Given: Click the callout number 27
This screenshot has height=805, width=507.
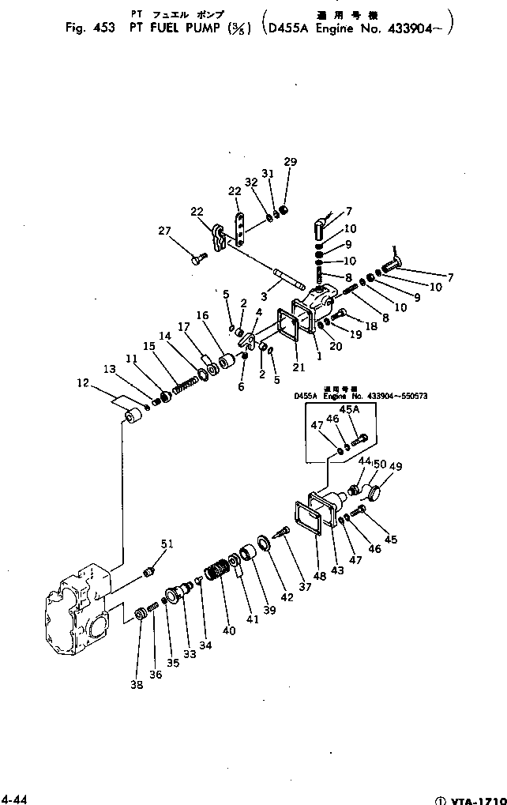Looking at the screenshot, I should (x=163, y=231).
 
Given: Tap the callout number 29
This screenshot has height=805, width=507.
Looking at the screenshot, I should (x=291, y=162).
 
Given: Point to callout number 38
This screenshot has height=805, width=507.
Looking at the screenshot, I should (x=137, y=685).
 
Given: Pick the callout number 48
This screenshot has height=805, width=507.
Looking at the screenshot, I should (x=319, y=576).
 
